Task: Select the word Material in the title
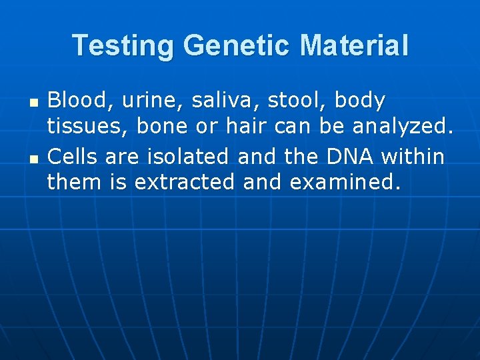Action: click(354, 46)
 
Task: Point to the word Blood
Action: click(75, 101)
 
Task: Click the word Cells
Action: click(71, 157)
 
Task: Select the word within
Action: click(413, 157)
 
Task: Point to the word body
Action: click(360, 102)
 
